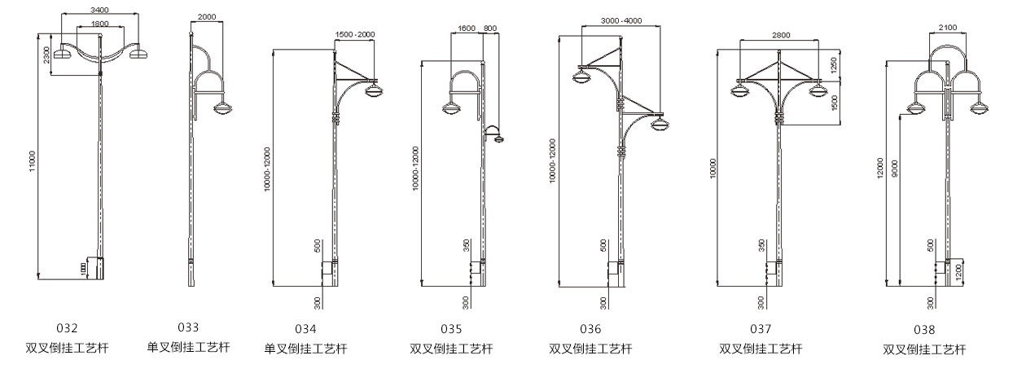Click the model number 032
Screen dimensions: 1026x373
(x=67, y=328)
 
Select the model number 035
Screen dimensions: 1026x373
(x=451, y=329)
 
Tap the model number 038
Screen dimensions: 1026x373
(x=924, y=330)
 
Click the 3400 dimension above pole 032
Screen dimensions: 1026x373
(x=100, y=10)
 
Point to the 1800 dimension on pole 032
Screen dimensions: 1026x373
(x=100, y=24)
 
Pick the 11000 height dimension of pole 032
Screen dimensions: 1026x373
(x=32, y=161)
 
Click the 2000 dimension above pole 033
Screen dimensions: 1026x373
(x=207, y=17)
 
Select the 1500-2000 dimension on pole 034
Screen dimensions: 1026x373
(x=355, y=34)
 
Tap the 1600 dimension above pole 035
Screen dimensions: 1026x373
(x=467, y=29)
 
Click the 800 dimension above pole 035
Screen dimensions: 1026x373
(x=490, y=29)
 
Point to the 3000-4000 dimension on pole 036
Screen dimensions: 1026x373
(x=621, y=20)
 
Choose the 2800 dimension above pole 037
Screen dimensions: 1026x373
(x=781, y=35)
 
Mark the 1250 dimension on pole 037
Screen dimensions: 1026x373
(x=834, y=64)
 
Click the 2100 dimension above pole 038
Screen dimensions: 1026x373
(x=948, y=28)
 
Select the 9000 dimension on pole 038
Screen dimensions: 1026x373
(x=895, y=168)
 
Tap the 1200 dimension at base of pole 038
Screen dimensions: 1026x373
(x=959, y=273)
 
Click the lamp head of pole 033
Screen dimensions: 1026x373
(x=222, y=109)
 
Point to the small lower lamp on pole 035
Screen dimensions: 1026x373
(x=498, y=138)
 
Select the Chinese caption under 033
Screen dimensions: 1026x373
(x=188, y=347)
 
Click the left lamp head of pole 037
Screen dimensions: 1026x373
(x=740, y=91)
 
